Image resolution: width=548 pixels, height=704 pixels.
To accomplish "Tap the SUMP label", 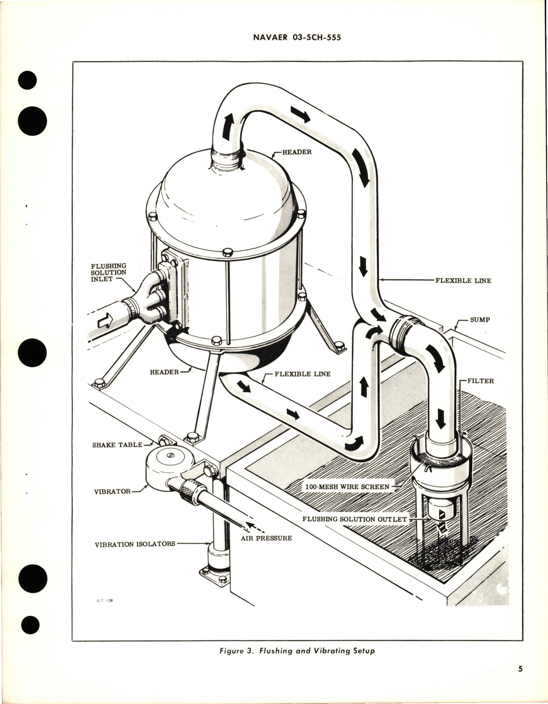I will coord(480,320).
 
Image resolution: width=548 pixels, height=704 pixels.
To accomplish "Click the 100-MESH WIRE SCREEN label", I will coord(346,487).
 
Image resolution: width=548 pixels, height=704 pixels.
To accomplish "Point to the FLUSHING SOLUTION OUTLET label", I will coord(354,519).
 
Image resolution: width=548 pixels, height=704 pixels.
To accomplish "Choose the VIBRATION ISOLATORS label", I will coord(135,544).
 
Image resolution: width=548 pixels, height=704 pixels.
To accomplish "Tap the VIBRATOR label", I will coord(112,491).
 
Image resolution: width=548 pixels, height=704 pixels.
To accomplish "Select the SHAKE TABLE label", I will coord(117,445).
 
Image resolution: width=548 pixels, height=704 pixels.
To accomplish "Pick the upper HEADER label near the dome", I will coord(297,152).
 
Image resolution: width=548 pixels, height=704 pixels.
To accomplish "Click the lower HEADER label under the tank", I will coord(164,372).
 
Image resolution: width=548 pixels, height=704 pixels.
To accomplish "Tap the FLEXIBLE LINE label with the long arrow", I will coord(463,280).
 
